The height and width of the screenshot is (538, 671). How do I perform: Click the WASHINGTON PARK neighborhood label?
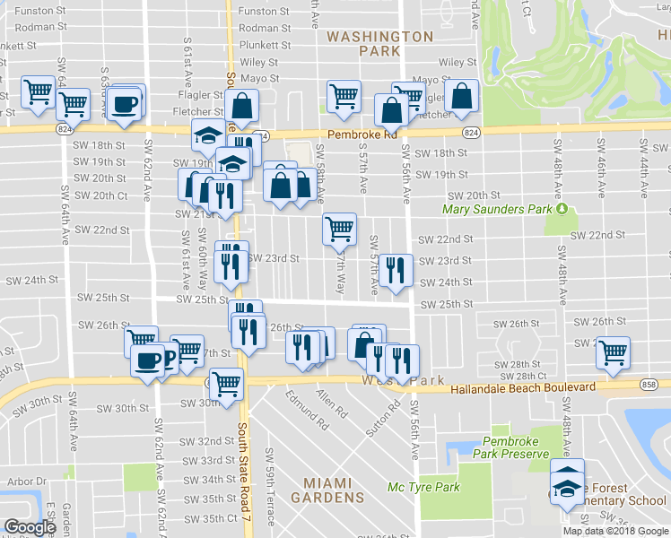click(379, 44)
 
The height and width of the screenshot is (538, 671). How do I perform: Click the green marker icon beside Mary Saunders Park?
click(562, 209)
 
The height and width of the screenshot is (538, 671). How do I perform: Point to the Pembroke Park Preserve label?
click(515, 447)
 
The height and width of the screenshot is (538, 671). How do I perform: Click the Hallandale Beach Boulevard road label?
click(510, 386)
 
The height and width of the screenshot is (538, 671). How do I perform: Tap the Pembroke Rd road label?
click(362, 134)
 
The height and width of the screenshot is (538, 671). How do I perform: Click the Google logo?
click(30, 526)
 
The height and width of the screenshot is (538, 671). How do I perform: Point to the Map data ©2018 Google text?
click(615, 531)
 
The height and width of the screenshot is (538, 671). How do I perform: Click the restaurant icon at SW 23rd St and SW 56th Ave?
click(395, 269)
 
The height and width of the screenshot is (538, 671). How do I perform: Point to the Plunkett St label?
click(265, 44)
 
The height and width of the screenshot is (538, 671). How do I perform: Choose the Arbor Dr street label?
click(20, 482)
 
